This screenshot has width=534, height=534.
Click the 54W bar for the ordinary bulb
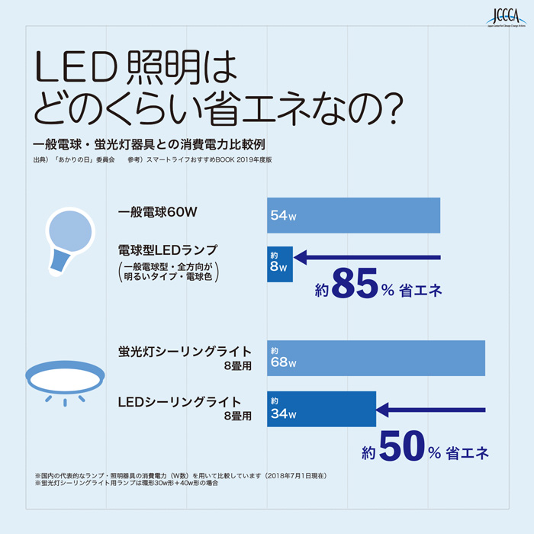[x=353, y=216]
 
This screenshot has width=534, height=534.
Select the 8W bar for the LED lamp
[x=279, y=263]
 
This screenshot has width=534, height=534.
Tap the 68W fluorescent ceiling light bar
[x=375, y=359]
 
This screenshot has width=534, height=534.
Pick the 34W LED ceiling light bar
[x=321, y=409]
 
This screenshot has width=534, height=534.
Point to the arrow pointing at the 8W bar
[x=366, y=257]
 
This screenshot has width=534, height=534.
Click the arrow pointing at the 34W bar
[x=431, y=410]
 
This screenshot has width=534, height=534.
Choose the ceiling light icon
[x=65, y=380]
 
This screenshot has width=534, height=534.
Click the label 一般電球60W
[x=158, y=212]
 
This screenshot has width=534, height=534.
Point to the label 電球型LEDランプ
[x=168, y=250]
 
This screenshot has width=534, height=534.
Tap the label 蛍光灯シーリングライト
[x=185, y=352]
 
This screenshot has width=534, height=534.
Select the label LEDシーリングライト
[x=180, y=401]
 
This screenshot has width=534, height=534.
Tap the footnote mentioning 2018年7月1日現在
[x=181, y=475]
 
